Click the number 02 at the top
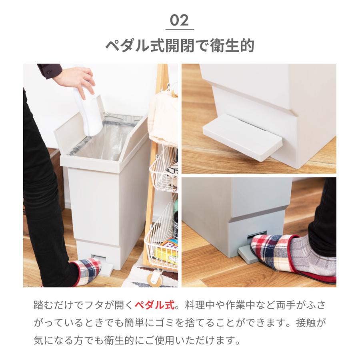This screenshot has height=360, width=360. [x=179, y=20]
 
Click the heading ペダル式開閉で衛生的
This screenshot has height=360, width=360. [x=180, y=46]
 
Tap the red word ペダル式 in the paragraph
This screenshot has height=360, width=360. [x=154, y=305]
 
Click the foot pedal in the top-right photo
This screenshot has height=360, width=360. [x=242, y=136]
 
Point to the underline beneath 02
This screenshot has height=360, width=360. [x=180, y=30]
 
